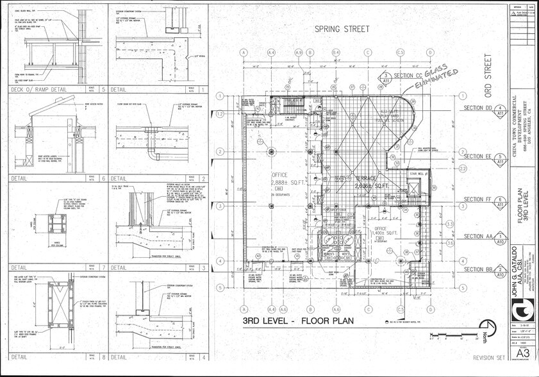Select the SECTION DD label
click(477, 107)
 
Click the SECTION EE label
click(477, 156)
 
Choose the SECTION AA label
click(477, 236)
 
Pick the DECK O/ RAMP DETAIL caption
click(40, 89)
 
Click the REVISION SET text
click(489, 358)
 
